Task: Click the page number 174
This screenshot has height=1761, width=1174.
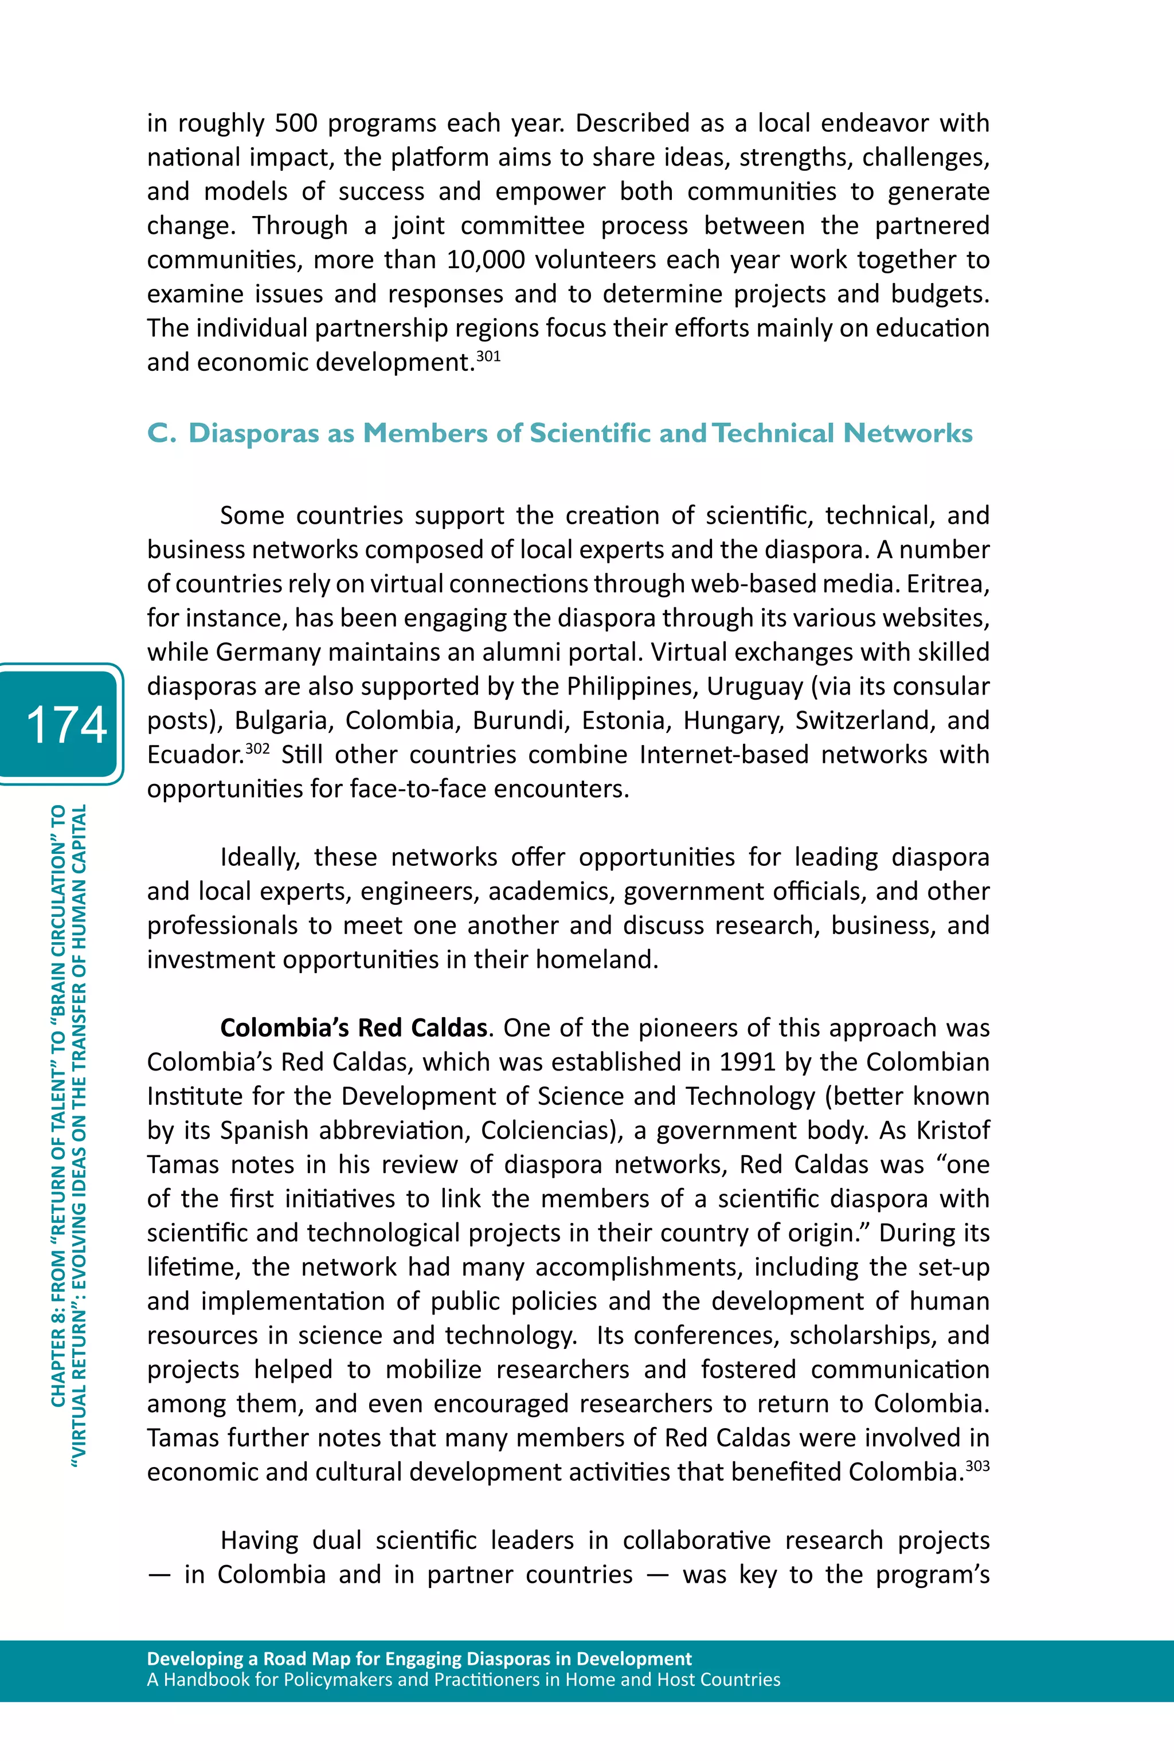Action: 66,724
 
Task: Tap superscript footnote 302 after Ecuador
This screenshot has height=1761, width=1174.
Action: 257,748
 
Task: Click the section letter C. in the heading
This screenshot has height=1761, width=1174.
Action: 162,433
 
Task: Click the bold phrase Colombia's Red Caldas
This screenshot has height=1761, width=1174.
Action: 353,1027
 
